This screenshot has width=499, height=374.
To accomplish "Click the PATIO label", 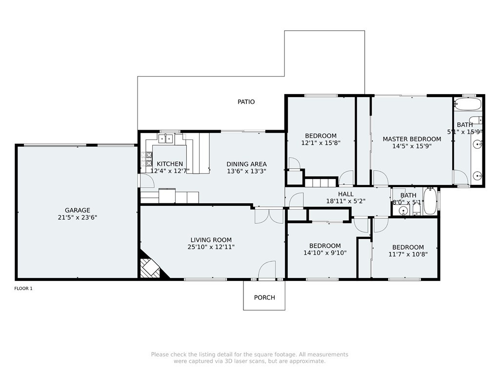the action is point(246,102).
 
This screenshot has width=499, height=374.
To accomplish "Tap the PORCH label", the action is point(264,297).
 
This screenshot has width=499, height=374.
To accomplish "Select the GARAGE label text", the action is point(78,210).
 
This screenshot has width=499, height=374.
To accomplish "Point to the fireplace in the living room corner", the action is point(150,268).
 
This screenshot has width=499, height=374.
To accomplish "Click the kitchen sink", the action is point(165,138).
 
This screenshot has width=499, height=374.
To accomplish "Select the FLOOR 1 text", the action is point(23,289).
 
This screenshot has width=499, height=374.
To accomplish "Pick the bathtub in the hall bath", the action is point(430,201).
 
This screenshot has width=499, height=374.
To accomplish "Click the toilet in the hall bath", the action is point(417,209).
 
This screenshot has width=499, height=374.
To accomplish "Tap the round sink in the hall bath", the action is point(403,210).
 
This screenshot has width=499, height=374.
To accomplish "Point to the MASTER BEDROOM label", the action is point(412,139).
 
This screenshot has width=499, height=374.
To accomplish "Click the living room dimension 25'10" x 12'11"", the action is point(211,247).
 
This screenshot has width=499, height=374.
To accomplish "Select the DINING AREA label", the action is point(247,164).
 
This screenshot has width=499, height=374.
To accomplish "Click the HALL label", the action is point(346,194).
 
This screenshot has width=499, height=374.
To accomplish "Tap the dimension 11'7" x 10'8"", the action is point(408,254).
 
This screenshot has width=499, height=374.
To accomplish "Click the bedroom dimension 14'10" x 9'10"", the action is point(325,253).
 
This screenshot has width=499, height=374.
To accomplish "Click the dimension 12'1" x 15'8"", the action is point(321,143).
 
